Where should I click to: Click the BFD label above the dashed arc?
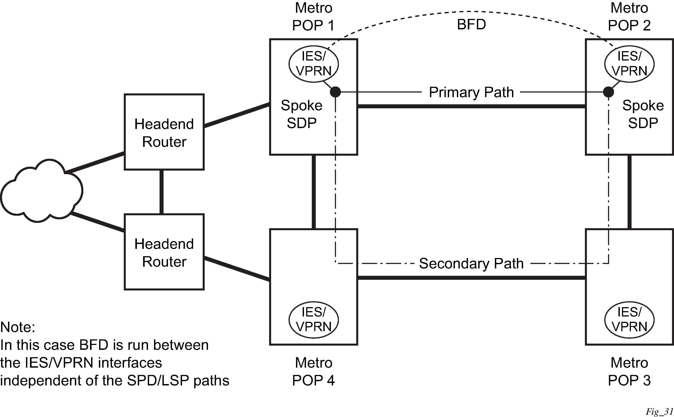tap(471, 24)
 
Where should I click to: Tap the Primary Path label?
tap(471, 92)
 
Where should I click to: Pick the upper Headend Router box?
tap(164, 132)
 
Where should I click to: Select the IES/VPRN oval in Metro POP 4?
tap(314, 320)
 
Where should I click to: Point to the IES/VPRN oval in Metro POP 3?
tap(629, 320)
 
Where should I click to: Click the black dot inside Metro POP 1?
tap(335, 92)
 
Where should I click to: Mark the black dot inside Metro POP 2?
tap(608, 92)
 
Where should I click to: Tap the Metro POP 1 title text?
tap(314, 16)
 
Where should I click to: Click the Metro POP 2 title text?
tap(629, 16)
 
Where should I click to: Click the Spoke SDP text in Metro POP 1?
tap(302, 114)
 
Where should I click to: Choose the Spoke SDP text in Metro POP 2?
tap(643, 114)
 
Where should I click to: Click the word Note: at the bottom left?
tap(18, 327)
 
